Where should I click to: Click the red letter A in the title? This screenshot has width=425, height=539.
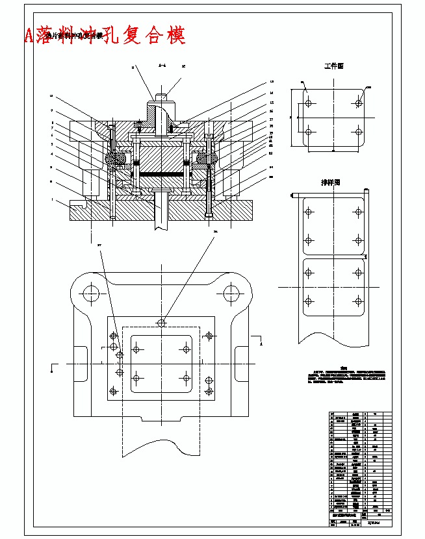point(29,35)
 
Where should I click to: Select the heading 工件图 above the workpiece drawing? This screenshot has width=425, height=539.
point(333,66)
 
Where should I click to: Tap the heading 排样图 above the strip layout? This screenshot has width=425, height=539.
point(331,182)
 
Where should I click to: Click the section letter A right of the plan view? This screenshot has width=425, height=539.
point(261,338)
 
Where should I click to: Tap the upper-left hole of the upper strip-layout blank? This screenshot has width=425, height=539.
point(309,212)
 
